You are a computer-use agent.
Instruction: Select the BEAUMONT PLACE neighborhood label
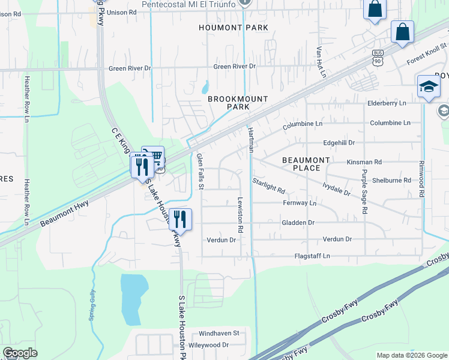click(306, 164)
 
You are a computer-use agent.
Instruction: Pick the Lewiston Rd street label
click(240, 215)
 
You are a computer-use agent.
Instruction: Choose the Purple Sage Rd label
click(364, 191)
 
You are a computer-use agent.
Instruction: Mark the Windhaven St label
click(219, 332)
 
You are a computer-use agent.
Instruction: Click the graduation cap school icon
click(429, 86)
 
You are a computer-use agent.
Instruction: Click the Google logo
click(20, 353)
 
